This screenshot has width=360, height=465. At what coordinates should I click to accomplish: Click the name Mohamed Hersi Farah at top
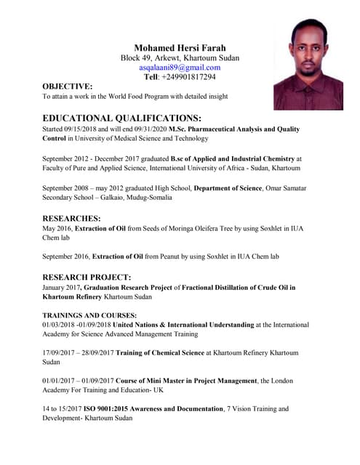180,47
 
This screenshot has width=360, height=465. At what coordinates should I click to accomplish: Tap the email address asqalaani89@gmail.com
180,67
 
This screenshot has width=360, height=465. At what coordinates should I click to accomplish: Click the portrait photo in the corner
308,65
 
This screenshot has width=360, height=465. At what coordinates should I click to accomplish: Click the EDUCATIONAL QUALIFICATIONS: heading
121,118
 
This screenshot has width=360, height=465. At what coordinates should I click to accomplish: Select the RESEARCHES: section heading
71,217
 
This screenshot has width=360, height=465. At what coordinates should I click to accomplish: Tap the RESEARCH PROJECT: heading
87,277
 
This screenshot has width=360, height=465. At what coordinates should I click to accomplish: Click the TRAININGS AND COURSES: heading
89,315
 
